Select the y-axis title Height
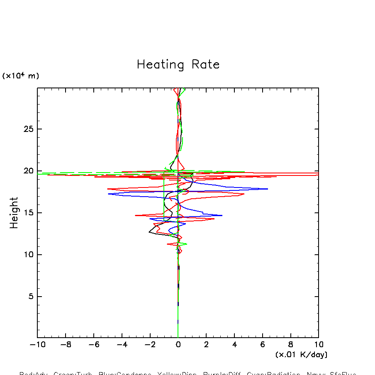point(15,213)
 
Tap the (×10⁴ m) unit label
point(21,76)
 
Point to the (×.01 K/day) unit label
point(301,355)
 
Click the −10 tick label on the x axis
point(37,345)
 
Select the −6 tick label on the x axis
point(93,345)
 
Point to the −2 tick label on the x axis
point(149,345)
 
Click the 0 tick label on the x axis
point(178,345)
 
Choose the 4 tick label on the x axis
point(234,345)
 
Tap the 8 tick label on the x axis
point(290,345)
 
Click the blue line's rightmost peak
point(268,189)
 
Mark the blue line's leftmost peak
point(108,194)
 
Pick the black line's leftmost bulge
point(149,232)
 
